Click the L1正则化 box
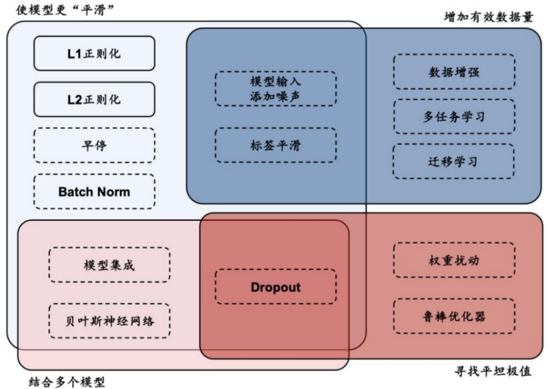click(x=94, y=54)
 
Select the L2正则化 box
click(x=94, y=99)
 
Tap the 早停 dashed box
click(x=94, y=145)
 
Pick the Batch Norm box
click(x=94, y=192)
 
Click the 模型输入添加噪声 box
click(x=275, y=89)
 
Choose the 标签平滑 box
click(x=275, y=145)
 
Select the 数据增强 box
click(x=454, y=72)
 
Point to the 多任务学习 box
click(x=454, y=116)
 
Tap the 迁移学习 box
click(x=454, y=162)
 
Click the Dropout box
click(x=275, y=287)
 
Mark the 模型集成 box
click(x=109, y=265)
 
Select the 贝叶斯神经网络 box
click(x=109, y=320)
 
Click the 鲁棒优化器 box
click(x=454, y=316)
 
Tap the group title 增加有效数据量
click(x=488, y=18)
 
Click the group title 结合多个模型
click(x=67, y=382)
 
